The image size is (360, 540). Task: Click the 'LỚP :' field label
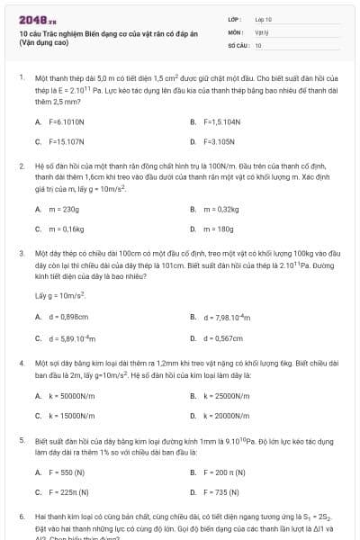point(235,18)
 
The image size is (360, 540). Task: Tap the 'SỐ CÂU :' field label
point(238,43)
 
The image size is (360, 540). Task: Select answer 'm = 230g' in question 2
point(64,208)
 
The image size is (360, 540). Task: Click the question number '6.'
point(22,517)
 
